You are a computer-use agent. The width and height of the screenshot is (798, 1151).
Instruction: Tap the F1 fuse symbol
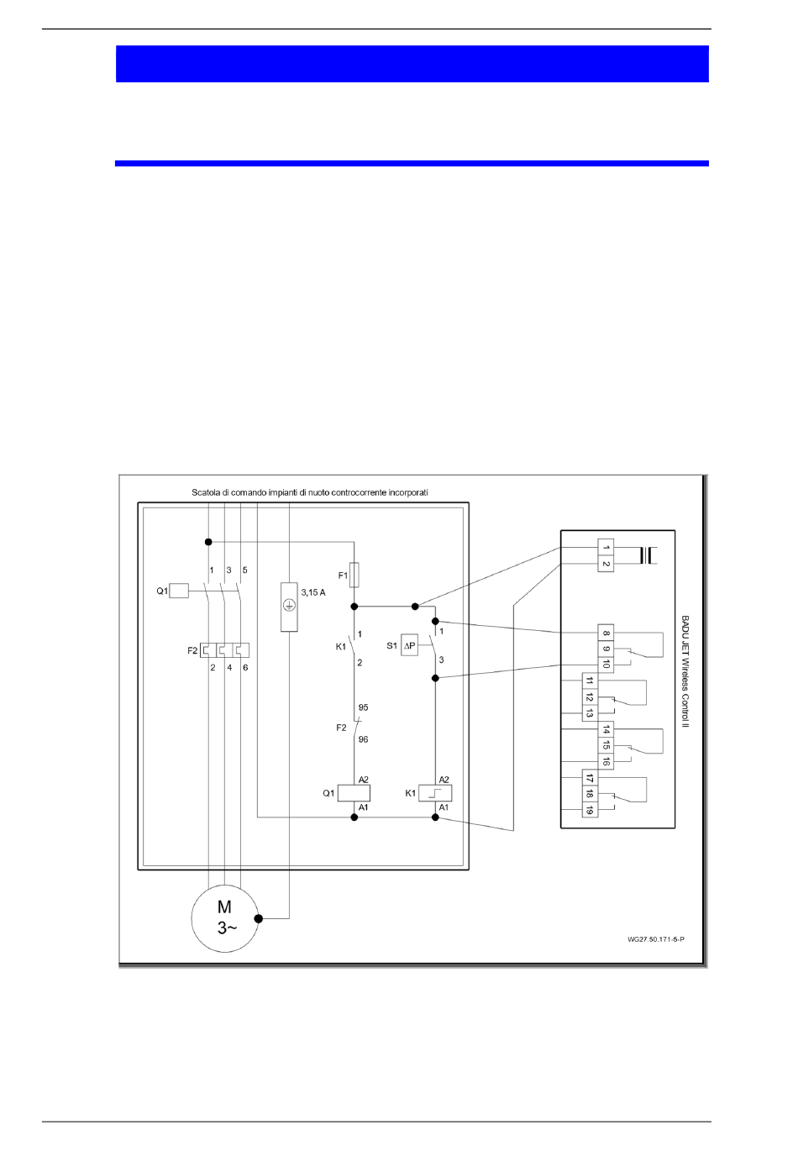355,575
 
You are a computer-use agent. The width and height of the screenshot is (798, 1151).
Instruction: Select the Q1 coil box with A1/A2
354,791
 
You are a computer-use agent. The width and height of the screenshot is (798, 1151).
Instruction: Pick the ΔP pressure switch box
409,645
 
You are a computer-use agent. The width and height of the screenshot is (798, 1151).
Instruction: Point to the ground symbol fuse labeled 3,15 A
288,606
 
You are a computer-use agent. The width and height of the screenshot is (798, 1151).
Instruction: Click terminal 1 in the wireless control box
605,549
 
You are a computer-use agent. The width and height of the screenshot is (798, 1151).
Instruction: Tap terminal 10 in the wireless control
605,665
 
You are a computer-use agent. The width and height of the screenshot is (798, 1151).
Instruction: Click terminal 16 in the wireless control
605,760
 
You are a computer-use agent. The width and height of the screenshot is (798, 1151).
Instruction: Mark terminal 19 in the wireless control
590,809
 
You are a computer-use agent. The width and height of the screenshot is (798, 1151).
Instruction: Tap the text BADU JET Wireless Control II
685,673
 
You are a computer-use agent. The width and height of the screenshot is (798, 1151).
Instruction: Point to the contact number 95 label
363,707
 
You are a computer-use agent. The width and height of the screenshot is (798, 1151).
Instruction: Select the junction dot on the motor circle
258,919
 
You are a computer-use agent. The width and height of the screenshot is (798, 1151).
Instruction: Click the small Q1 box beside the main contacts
179,591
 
